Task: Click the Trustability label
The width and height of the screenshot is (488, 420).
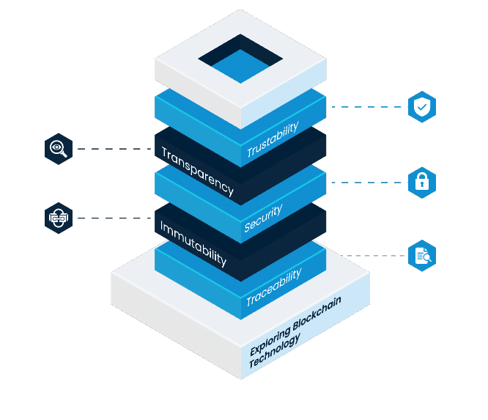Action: (273, 140)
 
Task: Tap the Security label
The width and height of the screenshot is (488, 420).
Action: (263, 218)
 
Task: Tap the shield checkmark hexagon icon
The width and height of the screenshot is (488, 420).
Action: (421, 107)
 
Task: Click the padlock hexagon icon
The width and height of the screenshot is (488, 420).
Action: (421, 183)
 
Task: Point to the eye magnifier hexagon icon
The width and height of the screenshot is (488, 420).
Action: (58, 149)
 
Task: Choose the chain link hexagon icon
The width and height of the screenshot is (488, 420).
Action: (58, 218)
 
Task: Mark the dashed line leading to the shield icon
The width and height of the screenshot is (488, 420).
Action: (366, 107)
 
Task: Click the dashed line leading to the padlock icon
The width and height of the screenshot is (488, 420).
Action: (366, 183)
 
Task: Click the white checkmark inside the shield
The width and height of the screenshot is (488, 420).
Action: (421, 108)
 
